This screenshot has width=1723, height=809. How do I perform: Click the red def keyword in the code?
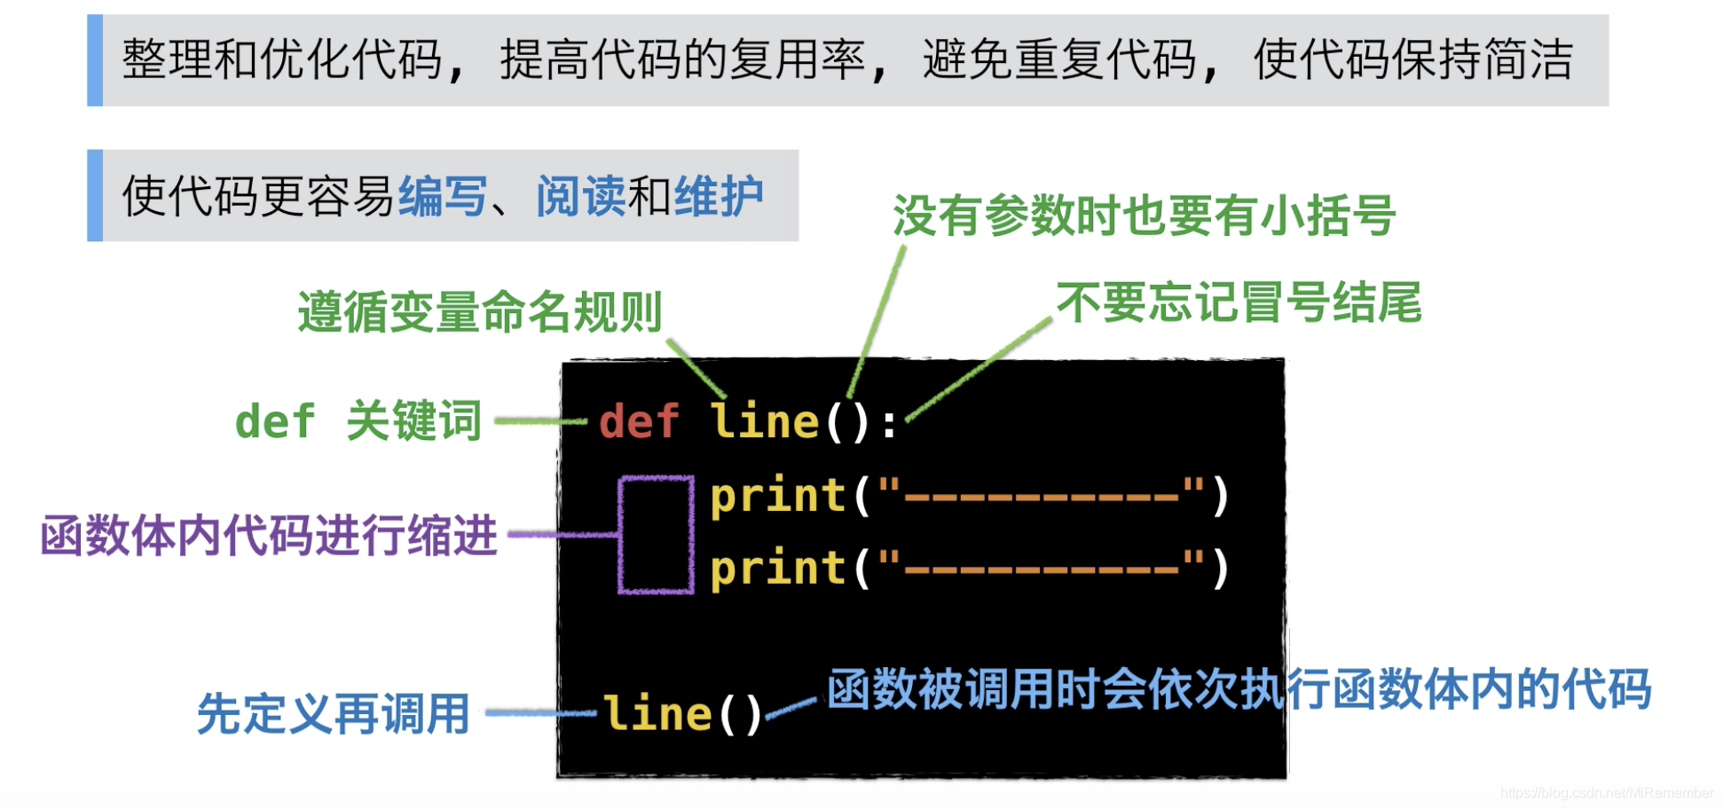(639, 421)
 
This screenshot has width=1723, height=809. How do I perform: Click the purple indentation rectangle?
(656, 534)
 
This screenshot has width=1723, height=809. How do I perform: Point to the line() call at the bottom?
(682, 714)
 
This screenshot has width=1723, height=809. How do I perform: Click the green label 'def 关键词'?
(358, 420)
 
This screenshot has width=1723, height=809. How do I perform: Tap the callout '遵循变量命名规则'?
(480, 312)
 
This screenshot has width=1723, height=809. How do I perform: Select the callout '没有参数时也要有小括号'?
(1144, 216)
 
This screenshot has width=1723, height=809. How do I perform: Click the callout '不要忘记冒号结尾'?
(1239, 302)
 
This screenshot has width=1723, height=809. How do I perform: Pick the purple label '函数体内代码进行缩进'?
(269, 536)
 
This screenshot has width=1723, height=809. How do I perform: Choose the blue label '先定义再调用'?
(333, 714)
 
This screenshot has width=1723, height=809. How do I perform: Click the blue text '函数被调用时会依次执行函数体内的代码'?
(1239, 689)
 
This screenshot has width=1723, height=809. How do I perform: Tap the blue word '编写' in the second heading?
(443, 196)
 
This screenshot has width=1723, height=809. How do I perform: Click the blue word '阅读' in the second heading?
(581, 196)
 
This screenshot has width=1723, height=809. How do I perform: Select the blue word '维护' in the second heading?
(719, 196)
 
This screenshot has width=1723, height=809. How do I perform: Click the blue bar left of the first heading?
(95, 60)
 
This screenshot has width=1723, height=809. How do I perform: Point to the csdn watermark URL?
(1607, 793)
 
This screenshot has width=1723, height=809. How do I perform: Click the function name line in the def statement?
(765, 421)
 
